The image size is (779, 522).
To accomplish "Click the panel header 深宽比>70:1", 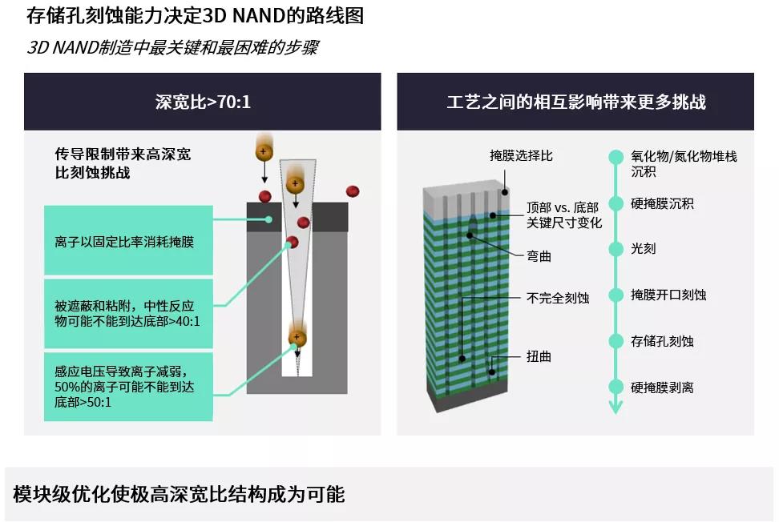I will pyautogui.click(x=203, y=102).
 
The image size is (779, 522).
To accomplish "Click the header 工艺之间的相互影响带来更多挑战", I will pyautogui.click(x=575, y=102).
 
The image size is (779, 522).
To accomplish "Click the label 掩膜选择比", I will pyautogui.click(x=521, y=155).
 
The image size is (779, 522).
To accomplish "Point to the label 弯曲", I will pyautogui.click(x=539, y=256).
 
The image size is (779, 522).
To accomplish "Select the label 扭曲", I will pyautogui.click(x=539, y=355).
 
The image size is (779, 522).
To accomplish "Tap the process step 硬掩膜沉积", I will pyautogui.click(x=662, y=203).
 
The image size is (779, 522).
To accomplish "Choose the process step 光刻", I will pyautogui.click(x=644, y=248).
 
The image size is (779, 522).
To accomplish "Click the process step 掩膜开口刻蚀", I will pyautogui.click(x=668, y=295).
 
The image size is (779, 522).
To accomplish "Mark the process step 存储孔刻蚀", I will pyautogui.click(x=662, y=341).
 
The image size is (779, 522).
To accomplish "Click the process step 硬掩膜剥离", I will pyautogui.click(x=662, y=387).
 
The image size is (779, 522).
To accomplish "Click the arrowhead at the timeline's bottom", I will pyautogui.click(x=616, y=408).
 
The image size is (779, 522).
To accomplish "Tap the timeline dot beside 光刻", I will pyautogui.click(x=616, y=248).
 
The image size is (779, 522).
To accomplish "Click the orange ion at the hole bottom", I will pyautogui.click(x=297, y=339).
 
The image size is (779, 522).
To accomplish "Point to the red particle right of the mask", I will pyautogui.click(x=352, y=191).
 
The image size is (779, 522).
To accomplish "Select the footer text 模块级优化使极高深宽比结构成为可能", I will pyautogui.click(x=179, y=494).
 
